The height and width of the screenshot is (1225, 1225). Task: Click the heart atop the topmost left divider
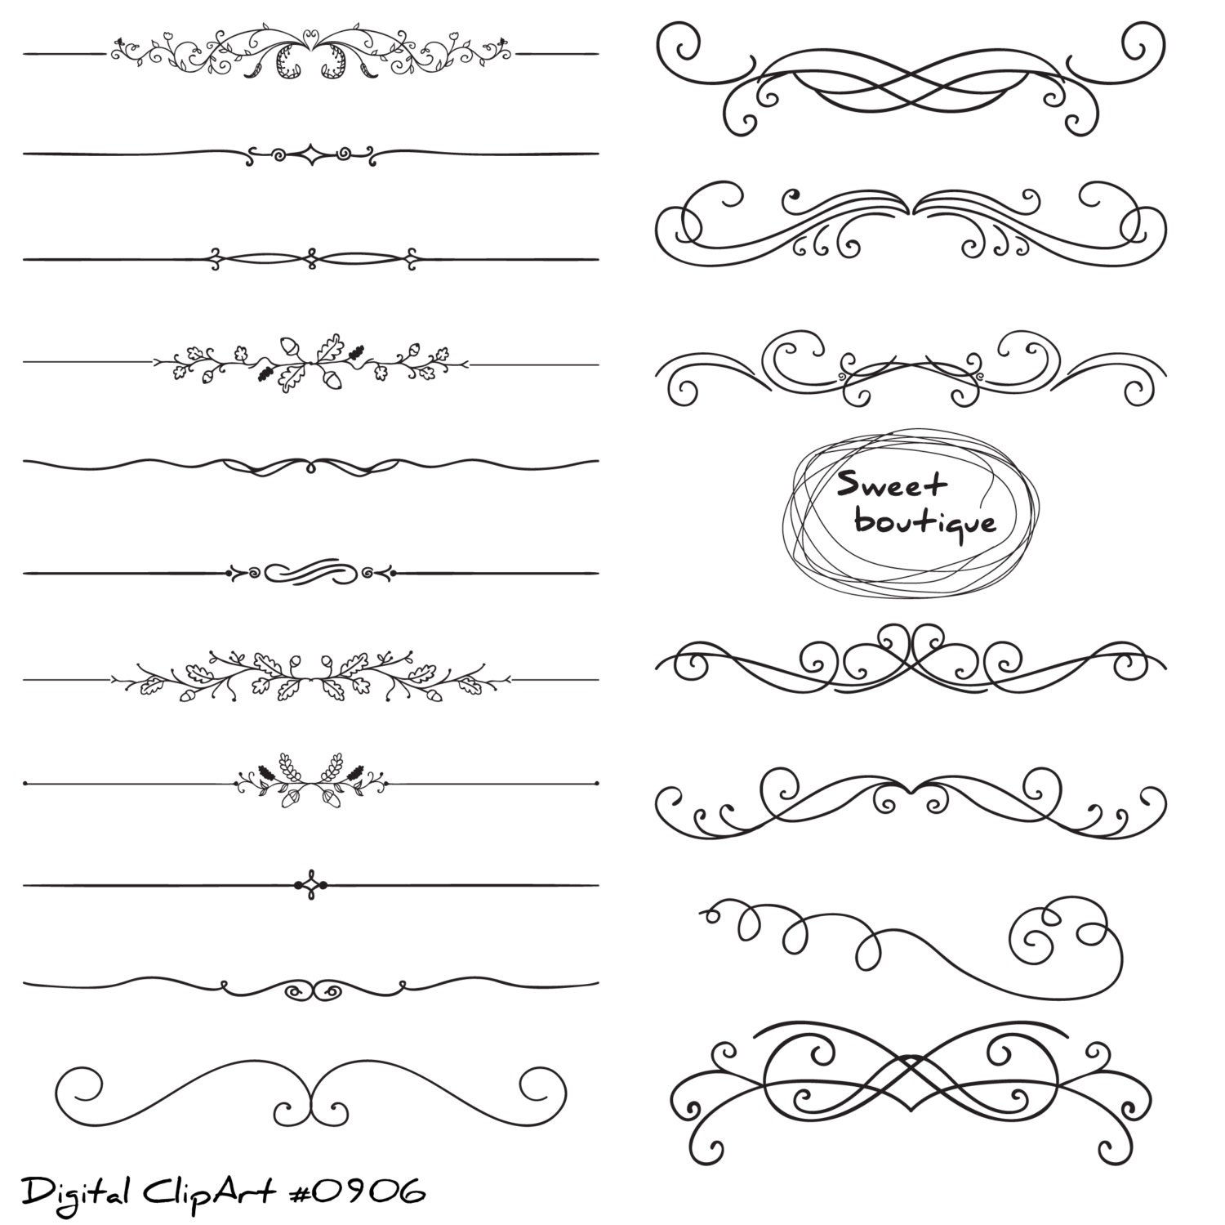point(310,37)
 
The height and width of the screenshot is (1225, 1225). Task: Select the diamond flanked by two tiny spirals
point(310,153)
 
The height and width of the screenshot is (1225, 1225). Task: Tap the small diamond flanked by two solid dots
point(310,885)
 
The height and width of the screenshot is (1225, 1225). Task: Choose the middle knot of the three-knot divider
point(310,259)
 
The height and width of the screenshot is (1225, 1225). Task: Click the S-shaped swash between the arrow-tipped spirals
point(310,572)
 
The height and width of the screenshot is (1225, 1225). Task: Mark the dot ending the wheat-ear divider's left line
point(27,784)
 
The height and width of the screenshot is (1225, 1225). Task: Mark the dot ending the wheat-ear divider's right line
point(596,784)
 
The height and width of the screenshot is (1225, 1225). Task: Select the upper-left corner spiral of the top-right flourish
point(679,45)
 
